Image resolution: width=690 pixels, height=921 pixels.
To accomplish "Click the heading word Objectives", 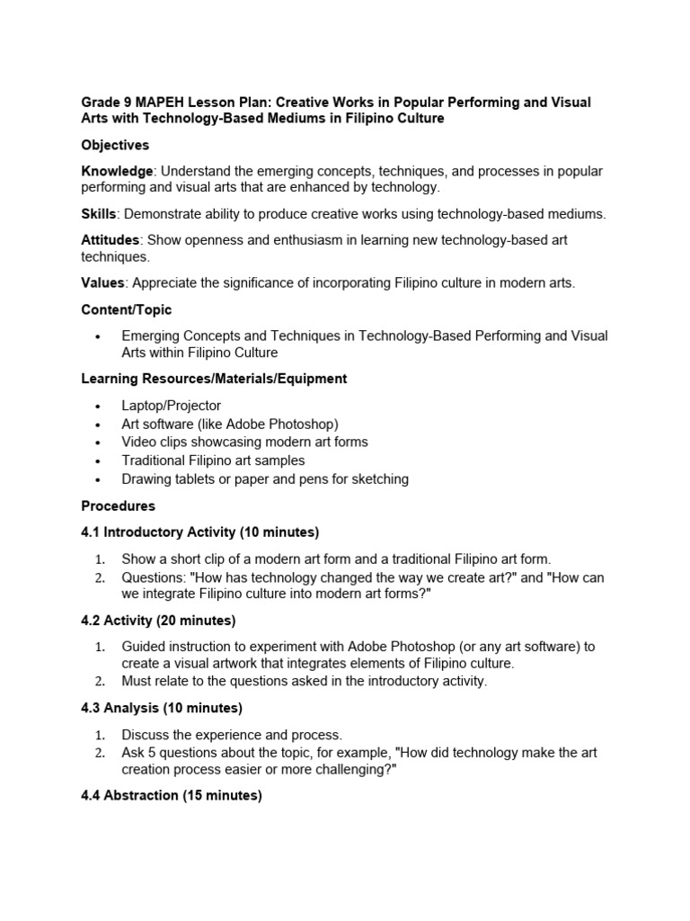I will point(115,145).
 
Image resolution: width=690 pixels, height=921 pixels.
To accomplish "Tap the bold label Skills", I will point(99,214).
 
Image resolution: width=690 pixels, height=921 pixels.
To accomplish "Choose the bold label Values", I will point(102,282).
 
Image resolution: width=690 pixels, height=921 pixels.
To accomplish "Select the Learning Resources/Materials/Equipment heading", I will point(214,379).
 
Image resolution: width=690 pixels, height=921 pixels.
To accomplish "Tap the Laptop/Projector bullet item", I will point(171,406).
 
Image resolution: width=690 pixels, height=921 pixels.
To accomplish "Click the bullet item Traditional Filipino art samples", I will point(213,460).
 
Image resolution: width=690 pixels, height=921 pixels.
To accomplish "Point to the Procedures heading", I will point(118,505).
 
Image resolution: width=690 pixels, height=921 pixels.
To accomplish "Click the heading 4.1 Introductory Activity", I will point(199,532).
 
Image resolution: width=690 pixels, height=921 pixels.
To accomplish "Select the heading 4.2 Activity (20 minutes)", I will point(158,620).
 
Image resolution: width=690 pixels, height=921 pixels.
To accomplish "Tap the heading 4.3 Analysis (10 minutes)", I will point(162,708).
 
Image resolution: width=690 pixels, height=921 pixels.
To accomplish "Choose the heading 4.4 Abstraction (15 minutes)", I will point(172,796).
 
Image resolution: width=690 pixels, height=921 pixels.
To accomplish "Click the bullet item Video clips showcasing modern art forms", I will point(244,442).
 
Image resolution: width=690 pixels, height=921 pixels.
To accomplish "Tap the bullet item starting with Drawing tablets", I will point(265,478).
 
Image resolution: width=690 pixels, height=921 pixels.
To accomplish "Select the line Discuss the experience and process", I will point(232,734).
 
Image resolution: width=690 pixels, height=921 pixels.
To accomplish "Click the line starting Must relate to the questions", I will point(304,681).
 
